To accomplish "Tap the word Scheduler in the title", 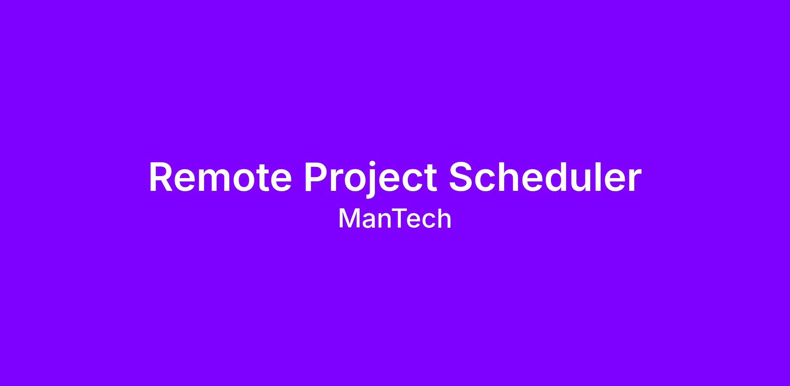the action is pos(545,176).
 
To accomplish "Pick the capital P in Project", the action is pos(316,177).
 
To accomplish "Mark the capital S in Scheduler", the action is pos(462,177).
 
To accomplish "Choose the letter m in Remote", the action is pos(218,181).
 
